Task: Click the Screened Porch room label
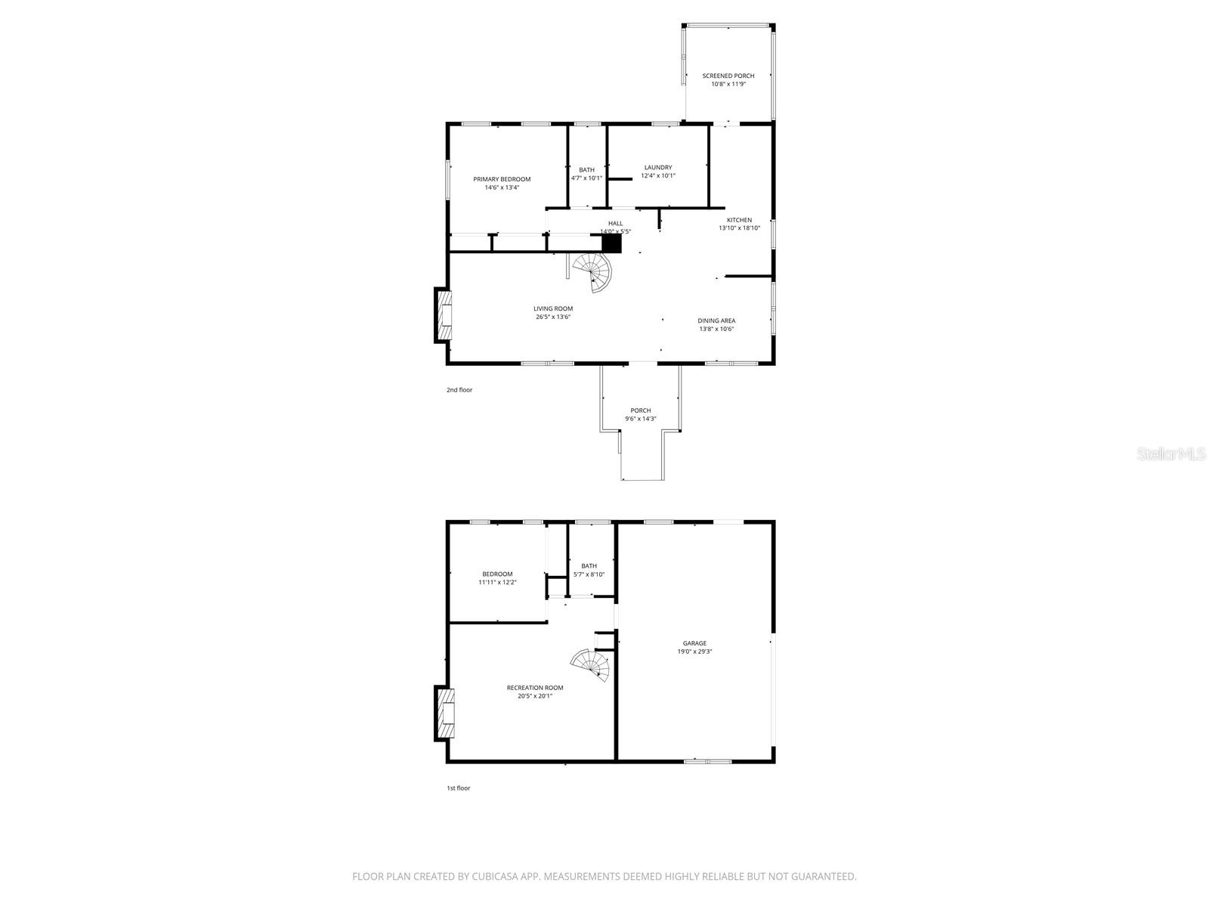point(728,76)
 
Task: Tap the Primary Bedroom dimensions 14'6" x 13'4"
point(502,187)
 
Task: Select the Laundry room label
point(657,167)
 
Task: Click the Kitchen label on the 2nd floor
point(739,220)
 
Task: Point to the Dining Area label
point(716,320)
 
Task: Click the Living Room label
point(553,308)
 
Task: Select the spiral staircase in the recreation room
point(592,665)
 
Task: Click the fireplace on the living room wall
point(444,315)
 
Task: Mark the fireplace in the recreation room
point(444,712)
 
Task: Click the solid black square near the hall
point(611,243)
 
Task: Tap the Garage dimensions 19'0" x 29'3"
point(695,651)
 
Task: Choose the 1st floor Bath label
point(589,565)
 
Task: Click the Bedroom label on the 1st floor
point(497,574)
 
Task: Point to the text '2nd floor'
point(459,390)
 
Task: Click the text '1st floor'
point(458,788)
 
